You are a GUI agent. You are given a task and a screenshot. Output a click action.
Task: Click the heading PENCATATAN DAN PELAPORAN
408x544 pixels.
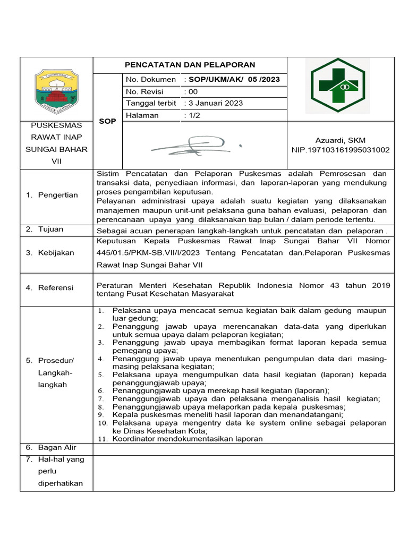coord(190,65)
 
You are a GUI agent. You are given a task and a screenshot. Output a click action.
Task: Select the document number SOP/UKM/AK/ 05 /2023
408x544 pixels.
coord(232,80)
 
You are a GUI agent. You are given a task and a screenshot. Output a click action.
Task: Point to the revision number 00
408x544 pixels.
coord(191,91)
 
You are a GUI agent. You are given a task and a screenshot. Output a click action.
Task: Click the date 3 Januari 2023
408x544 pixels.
coord(213,103)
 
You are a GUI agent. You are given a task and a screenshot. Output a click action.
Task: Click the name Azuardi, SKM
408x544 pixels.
coord(340,140)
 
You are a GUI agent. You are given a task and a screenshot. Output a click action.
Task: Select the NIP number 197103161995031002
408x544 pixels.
coord(340,150)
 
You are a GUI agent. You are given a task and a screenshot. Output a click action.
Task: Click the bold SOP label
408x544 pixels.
coord(108,121)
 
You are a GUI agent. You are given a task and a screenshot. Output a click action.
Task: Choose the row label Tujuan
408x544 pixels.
coord(50,229)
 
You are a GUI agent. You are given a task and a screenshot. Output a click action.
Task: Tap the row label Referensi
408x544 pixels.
coord(56,287)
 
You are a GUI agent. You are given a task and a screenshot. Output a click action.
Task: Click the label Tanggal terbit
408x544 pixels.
coord(151,103)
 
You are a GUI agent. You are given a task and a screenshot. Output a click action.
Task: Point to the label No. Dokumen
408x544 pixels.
coord(151,80)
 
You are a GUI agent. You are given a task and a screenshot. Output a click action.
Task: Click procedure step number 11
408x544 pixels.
coord(103,439)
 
